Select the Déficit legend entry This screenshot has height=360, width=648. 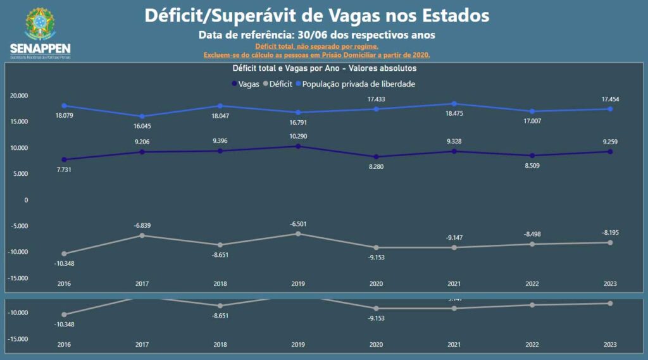click(278, 84)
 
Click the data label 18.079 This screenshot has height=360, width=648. click(65, 116)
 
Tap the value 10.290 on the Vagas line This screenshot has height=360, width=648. click(297, 137)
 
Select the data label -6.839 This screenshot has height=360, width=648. click(142, 226)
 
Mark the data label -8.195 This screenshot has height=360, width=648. click(610, 233)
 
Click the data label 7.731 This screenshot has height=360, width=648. click(65, 170)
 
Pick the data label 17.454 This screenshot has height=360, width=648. click(610, 99)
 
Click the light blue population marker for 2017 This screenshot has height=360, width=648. click(142, 116)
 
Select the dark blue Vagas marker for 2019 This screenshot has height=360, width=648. click(297, 146)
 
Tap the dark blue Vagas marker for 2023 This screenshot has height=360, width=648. click(610, 151)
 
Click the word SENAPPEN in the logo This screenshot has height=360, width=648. click(40, 49)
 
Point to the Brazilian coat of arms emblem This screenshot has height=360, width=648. click(40, 24)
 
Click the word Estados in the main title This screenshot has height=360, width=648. click(451, 15)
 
